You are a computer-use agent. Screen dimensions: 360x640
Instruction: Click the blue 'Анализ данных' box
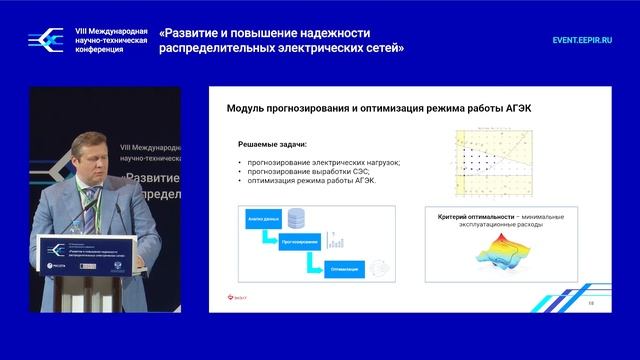point(254,217)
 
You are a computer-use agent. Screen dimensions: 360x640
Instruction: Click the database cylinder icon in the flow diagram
point(297,217)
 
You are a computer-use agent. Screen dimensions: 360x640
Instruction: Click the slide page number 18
point(592,302)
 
